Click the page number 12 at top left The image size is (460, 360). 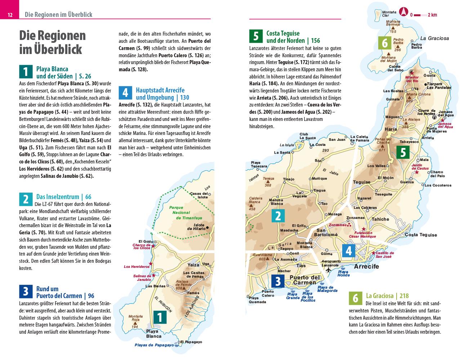pos(10,15)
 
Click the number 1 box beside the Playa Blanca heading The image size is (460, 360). pos(25,72)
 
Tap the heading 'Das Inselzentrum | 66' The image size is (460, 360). pos(64,197)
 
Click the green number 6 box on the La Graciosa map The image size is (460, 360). pos(385,43)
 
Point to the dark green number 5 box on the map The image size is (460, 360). pos(403,152)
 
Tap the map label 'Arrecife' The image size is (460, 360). pos(366,266)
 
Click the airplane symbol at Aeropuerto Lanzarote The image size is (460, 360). pos(328,269)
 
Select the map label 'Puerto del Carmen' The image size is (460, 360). pos(304,280)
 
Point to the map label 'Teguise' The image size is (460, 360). pos(361,182)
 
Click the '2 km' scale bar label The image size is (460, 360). pos(432,15)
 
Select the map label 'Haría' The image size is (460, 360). pos(390,129)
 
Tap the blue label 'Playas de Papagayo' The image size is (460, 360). pos(154,345)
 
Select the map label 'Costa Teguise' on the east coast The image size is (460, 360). pos(421,235)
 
